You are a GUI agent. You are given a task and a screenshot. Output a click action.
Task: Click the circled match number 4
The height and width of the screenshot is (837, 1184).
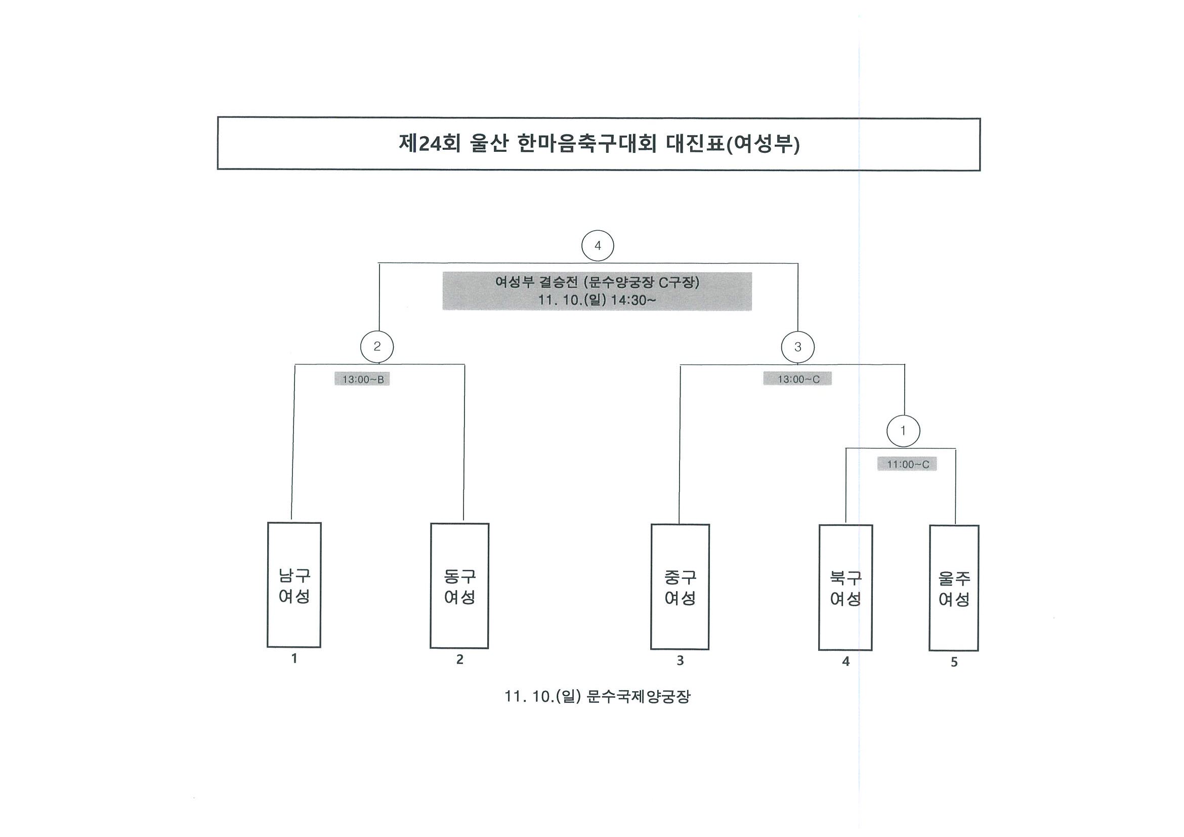coord(598,246)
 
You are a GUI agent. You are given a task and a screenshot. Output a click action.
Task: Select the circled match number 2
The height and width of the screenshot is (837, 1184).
coord(377,347)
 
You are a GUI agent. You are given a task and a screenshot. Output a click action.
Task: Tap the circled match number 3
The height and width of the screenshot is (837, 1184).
coord(798,347)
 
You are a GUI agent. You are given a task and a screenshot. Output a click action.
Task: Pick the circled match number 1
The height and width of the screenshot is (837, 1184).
coord(903,431)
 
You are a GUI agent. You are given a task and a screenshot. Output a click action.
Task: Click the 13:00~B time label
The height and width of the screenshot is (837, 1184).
coord(362,380)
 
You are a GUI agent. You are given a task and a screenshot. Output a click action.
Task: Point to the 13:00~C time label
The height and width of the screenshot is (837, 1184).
coord(798,379)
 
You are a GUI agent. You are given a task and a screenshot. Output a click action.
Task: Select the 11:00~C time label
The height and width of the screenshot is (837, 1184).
coord(908,464)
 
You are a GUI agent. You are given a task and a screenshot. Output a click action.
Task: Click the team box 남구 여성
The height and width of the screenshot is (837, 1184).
coord(294,585)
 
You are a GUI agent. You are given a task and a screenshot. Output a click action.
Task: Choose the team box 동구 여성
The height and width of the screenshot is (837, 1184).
coord(459,586)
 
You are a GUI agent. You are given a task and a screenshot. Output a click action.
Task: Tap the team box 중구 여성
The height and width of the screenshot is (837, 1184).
coord(680,587)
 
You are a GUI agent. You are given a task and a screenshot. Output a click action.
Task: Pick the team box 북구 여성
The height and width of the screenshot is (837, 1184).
coord(845,588)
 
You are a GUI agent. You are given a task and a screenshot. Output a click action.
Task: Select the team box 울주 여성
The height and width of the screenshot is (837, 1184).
coord(954,588)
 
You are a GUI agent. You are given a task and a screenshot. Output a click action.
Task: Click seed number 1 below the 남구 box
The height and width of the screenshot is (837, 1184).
coord(294,658)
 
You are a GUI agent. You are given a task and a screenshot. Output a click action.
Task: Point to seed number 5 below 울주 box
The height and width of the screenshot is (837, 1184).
coord(954,662)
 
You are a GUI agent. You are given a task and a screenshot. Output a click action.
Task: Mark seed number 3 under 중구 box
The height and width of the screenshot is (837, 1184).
coord(680,660)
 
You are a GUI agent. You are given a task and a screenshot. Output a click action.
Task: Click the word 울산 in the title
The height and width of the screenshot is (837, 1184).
coord(489,143)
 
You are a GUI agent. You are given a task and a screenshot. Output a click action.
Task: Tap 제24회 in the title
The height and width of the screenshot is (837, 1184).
coord(430,143)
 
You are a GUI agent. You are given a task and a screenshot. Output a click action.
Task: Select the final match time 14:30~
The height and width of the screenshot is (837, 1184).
coord(633,300)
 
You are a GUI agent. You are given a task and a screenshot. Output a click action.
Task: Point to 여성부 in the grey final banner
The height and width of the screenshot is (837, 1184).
coord(515,282)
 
